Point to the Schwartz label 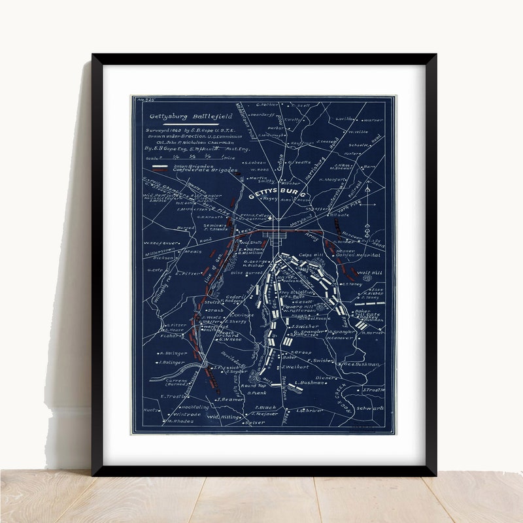point(371,408)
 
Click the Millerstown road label point(158,251)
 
